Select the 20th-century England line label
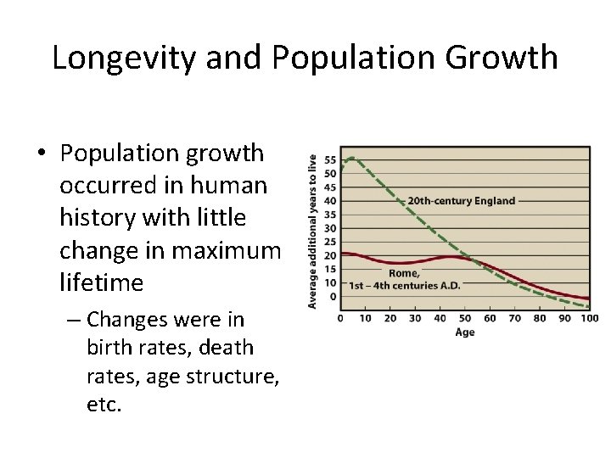(x=461, y=201)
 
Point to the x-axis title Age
(x=465, y=332)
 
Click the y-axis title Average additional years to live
(x=312, y=230)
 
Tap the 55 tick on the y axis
(x=330, y=160)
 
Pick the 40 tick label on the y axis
(x=330, y=201)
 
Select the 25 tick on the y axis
(x=330, y=242)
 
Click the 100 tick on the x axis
(x=590, y=319)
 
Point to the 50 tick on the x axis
(x=465, y=319)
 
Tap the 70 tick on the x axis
(x=515, y=319)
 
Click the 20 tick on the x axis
(x=390, y=319)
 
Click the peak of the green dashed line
(x=350, y=158)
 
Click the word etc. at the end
(x=104, y=405)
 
